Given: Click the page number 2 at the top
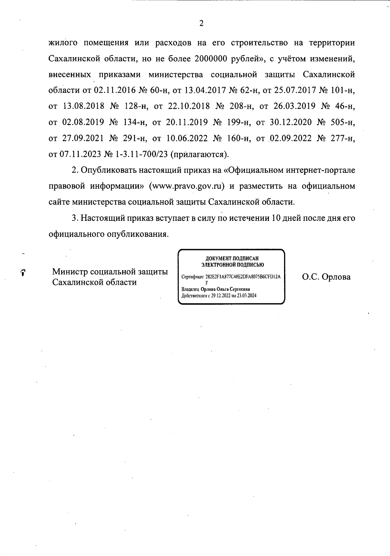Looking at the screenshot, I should [201, 23].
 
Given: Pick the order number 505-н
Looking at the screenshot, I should [341, 122].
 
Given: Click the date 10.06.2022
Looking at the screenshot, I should [187, 138].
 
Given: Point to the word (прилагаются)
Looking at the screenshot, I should [200, 154].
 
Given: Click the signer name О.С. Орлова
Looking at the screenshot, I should [326, 277].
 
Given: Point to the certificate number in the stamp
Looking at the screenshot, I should [243, 277].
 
